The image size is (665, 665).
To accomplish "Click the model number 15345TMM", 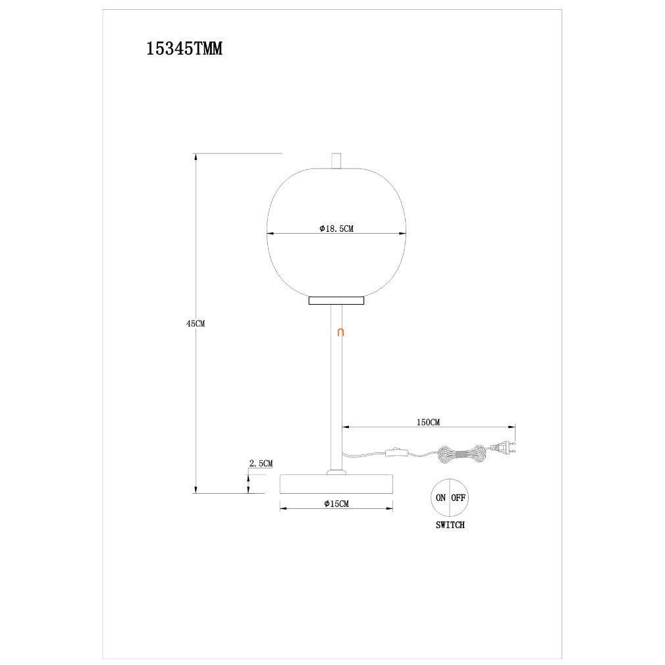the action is point(184,49).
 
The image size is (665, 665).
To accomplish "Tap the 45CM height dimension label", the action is point(196,323).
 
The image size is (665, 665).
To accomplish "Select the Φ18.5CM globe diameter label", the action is point(336,228).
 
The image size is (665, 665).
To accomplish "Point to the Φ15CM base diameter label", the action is point(336,504).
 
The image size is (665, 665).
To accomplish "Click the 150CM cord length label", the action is point(429,423).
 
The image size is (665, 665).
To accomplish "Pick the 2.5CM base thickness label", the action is point(261,464).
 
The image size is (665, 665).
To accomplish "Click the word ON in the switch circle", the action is point(440,498).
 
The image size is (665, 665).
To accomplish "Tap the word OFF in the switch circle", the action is point(458,498).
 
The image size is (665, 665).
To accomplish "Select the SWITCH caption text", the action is point(450,525).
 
